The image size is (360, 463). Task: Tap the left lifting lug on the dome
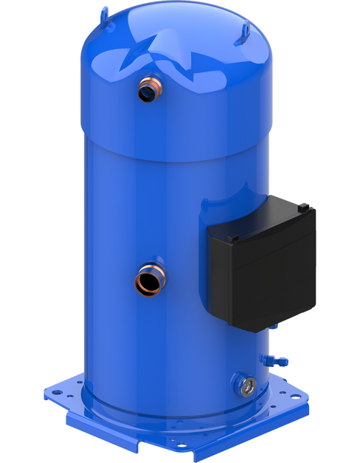105,12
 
